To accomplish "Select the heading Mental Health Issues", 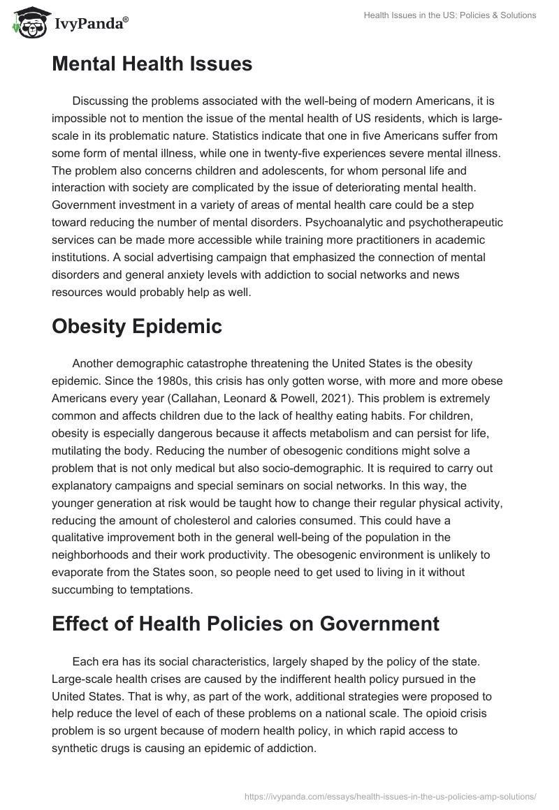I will pos(152,64).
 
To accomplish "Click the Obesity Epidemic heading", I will pos(137,326).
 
